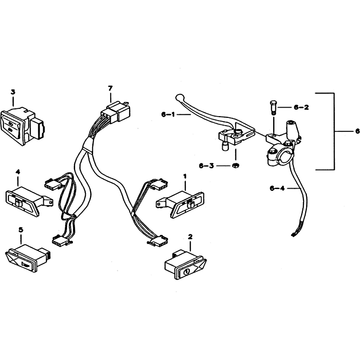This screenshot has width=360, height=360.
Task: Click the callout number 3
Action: click(x=13, y=92)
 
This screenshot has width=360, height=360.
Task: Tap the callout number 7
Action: click(x=110, y=88)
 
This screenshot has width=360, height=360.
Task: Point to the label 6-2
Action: click(x=301, y=107)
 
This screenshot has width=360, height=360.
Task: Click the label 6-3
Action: click(x=205, y=166)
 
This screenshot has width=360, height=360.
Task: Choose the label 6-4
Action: click(x=277, y=189)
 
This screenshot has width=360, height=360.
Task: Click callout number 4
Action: click(x=18, y=171)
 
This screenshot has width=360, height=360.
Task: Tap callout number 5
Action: click(x=21, y=229)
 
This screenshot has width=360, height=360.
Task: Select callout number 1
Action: click(x=185, y=176)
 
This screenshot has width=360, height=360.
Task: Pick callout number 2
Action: click(x=190, y=237)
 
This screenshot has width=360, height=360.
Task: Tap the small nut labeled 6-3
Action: click(x=235, y=165)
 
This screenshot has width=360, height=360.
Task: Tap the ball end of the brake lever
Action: click(x=179, y=97)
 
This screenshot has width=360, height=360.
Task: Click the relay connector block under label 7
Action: click(x=116, y=111)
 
